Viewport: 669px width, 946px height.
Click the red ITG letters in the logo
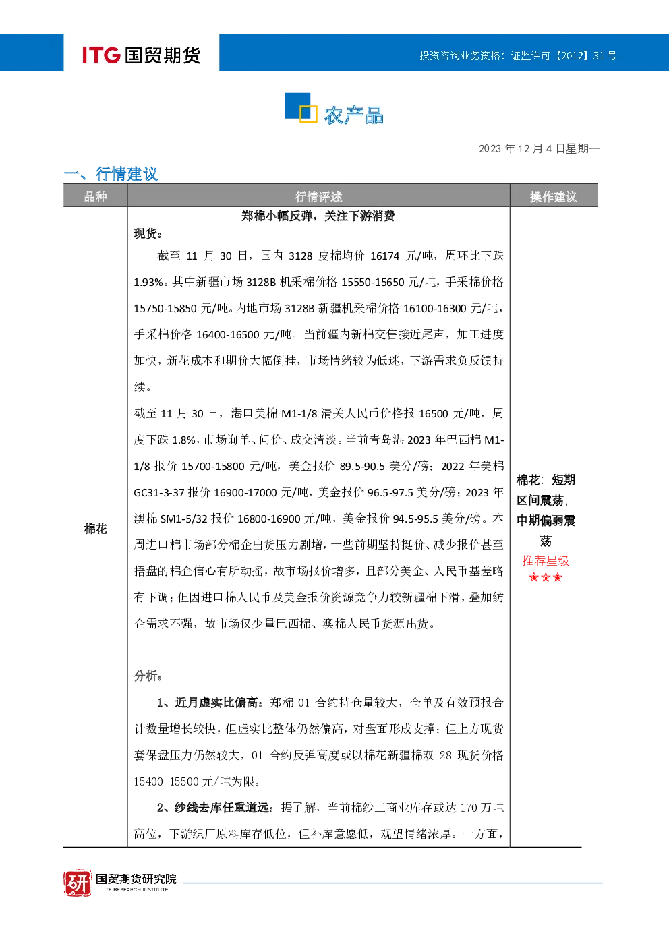[101, 55]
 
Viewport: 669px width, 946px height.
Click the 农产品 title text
[354, 115]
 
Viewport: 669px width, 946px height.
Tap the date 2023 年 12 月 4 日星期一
[539, 148]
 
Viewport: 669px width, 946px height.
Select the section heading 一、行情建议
[111, 173]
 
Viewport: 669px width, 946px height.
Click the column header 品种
[96, 196]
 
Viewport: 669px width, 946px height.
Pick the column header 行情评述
[318, 196]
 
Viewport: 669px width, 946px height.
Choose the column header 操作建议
[553, 196]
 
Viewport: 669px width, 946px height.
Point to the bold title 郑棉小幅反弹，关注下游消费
[318, 216]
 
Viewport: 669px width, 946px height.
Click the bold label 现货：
[148, 233]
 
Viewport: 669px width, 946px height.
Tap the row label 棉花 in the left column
[96, 529]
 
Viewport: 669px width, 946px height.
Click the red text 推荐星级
[546, 561]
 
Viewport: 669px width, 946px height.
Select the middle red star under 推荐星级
[546, 577]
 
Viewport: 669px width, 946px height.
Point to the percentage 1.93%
[148, 283]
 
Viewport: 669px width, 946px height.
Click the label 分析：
[148, 676]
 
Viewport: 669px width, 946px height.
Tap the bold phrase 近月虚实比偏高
[216, 703]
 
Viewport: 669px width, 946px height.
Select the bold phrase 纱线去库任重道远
[222, 808]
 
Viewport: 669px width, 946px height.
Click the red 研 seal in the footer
[78, 883]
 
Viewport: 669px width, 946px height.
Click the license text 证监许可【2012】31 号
[563, 55]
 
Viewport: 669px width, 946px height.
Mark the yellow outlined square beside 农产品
[308, 114]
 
